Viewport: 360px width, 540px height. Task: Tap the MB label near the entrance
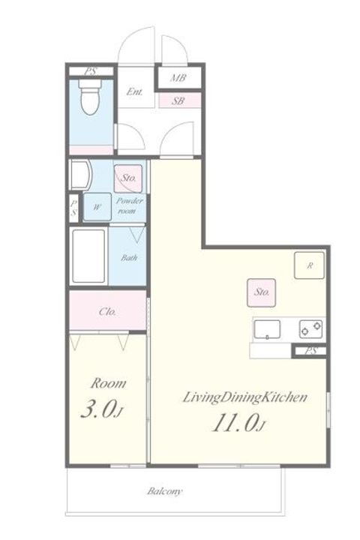[178, 78]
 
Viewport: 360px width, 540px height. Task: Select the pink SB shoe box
[179, 101]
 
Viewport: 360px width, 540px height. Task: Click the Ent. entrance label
[134, 92]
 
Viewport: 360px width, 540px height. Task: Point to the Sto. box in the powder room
[128, 178]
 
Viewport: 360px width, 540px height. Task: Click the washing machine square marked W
[97, 207]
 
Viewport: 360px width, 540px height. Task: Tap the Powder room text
[129, 205]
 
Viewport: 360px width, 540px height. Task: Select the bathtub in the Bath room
[88, 256]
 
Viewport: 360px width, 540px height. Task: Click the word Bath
[129, 257]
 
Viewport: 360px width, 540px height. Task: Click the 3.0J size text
[102, 409]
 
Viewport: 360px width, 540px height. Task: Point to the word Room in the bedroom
[108, 383]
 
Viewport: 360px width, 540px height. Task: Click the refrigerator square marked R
[309, 265]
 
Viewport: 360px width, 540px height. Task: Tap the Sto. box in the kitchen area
[262, 292]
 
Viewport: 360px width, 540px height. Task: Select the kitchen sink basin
[267, 329]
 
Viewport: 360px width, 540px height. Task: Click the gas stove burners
[311, 329]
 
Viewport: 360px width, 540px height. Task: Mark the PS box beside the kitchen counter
[310, 351]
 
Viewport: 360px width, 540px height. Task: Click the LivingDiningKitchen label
[244, 397]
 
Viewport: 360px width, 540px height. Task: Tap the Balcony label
[165, 491]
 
